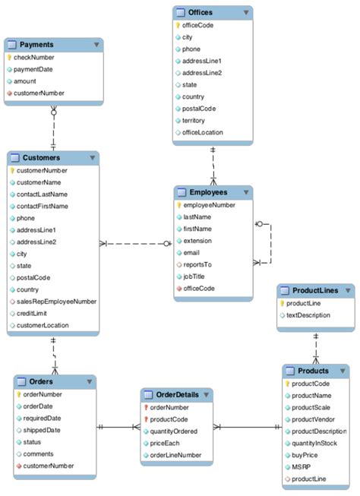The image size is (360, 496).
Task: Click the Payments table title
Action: pos(36,45)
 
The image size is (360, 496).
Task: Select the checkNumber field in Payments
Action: pos(34,58)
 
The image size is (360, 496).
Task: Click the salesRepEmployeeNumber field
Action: pos(57,301)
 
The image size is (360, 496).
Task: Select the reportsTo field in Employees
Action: pos(198,264)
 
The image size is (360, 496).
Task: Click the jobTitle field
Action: pos(195,276)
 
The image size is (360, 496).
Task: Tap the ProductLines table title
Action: pos(311,291)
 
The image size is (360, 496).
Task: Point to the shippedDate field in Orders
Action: pos(42,430)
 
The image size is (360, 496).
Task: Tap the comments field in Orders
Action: pos(39,453)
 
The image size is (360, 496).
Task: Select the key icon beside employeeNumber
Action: pos(178,205)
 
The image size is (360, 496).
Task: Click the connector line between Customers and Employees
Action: pos(137,244)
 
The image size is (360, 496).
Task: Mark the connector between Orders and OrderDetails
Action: pos(118,428)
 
